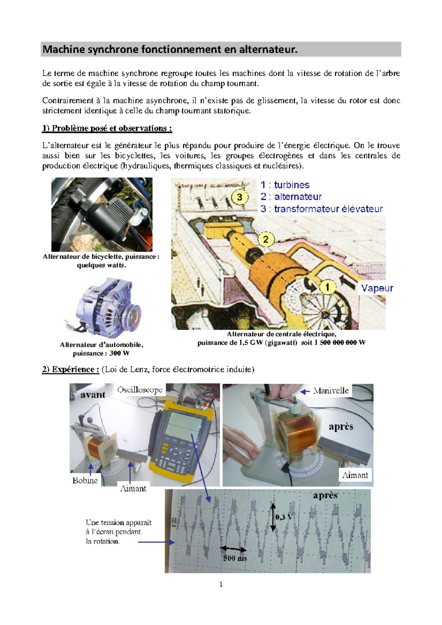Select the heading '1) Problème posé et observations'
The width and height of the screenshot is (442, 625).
point(107,128)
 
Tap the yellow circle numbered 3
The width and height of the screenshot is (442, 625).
point(239,197)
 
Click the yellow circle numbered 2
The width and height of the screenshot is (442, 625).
point(266,240)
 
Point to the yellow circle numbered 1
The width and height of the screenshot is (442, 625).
point(327,287)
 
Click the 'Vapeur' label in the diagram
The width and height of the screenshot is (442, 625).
point(377,288)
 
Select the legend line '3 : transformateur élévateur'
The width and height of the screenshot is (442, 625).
point(322,209)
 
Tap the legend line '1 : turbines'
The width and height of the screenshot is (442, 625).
point(285,185)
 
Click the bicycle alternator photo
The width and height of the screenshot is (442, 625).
point(102,215)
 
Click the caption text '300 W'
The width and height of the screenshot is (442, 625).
point(119,353)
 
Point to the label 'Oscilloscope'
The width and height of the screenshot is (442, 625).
point(140,390)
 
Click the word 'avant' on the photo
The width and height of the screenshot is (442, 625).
point(93,395)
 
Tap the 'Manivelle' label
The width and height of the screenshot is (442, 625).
point(330,391)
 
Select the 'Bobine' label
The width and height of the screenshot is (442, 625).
point(85,480)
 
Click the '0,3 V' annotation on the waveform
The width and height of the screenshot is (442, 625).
point(284,517)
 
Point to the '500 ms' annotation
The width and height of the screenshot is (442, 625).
point(235,558)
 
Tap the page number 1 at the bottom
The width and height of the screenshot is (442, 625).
point(221,584)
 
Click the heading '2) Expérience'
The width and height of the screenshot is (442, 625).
point(70,369)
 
